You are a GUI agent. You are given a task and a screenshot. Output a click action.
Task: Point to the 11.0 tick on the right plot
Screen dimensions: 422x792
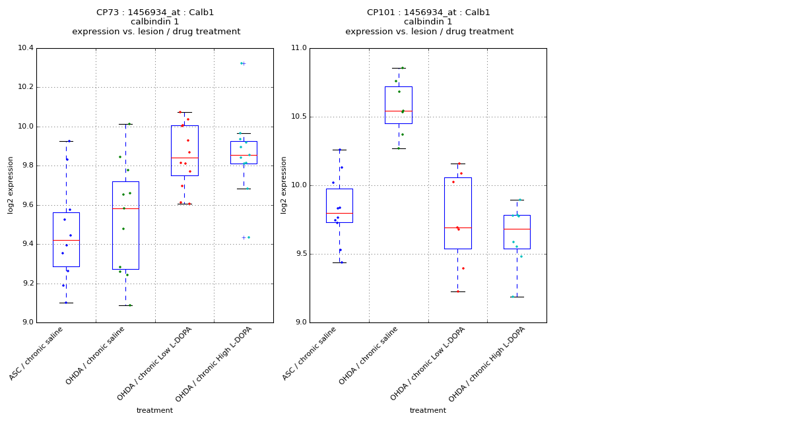[298, 48]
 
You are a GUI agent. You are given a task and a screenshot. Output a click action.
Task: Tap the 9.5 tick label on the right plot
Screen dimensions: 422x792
[298, 254]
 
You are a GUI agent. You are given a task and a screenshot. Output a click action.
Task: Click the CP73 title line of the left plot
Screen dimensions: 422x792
[155, 13]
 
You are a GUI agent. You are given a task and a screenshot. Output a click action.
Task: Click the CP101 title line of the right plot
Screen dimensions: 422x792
[428, 13]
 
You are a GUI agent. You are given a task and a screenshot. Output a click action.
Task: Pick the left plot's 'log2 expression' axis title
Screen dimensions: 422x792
[11, 185]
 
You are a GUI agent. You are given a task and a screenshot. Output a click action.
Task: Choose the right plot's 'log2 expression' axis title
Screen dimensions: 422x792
[284, 185]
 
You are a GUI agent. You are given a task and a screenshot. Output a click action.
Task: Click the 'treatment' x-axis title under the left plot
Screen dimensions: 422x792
[154, 411]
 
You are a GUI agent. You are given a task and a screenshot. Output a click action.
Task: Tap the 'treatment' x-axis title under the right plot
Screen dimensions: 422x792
[428, 411]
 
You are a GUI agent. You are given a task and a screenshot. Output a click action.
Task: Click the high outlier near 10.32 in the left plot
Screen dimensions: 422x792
[243, 63]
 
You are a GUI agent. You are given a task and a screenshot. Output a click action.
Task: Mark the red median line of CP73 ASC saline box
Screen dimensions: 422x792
[66, 240]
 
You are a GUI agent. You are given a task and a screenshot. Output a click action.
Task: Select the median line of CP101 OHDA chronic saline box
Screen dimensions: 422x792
[398, 111]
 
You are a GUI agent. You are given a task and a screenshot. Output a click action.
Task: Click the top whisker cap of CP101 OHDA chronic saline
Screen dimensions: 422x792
[398, 68]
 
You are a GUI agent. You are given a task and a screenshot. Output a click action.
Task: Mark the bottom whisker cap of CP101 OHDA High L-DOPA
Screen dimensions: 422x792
[517, 297]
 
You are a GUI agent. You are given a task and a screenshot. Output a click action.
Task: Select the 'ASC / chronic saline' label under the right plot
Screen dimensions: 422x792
[310, 353]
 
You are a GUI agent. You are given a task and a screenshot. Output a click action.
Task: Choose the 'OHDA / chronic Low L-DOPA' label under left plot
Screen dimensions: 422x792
[154, 363]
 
